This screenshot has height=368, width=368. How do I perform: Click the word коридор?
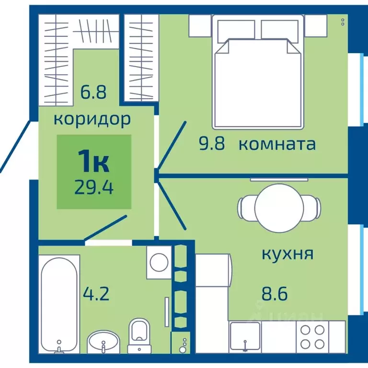[x=92, y=118]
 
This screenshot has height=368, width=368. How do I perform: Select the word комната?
[x=277, y=144]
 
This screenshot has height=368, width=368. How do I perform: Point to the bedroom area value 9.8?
[x=212, y=144]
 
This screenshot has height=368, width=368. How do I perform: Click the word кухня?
[x=287, y=253]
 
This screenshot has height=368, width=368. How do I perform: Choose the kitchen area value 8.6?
[x=275, y=293]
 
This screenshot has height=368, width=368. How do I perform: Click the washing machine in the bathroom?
[x=158, y=262]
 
